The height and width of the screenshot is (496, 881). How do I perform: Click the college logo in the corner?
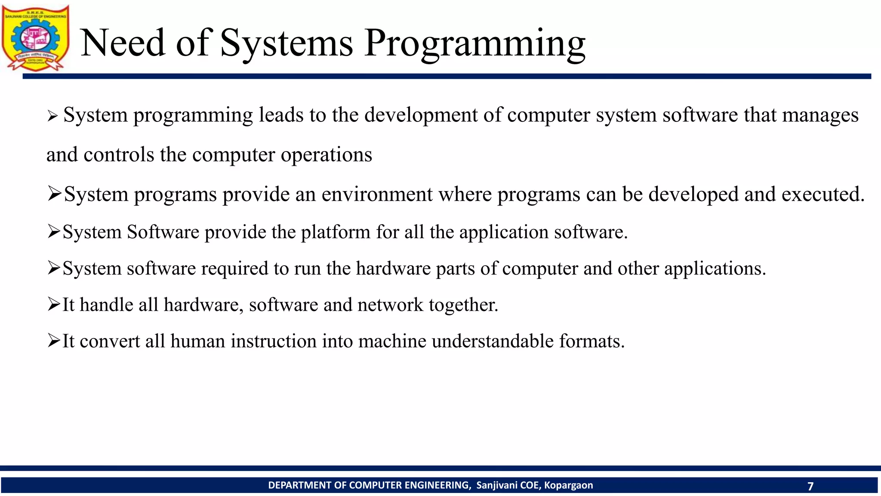[35, 38]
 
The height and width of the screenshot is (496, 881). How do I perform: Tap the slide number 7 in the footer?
[810, 486]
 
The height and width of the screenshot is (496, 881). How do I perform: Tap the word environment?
[377, 194]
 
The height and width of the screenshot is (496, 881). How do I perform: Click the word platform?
[335, 232]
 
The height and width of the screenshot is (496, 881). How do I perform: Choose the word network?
[390, 305]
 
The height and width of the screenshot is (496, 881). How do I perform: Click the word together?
[463, 305]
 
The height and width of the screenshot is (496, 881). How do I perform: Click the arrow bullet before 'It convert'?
[54, 341]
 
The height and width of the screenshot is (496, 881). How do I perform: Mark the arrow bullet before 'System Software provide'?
[54, 232]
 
